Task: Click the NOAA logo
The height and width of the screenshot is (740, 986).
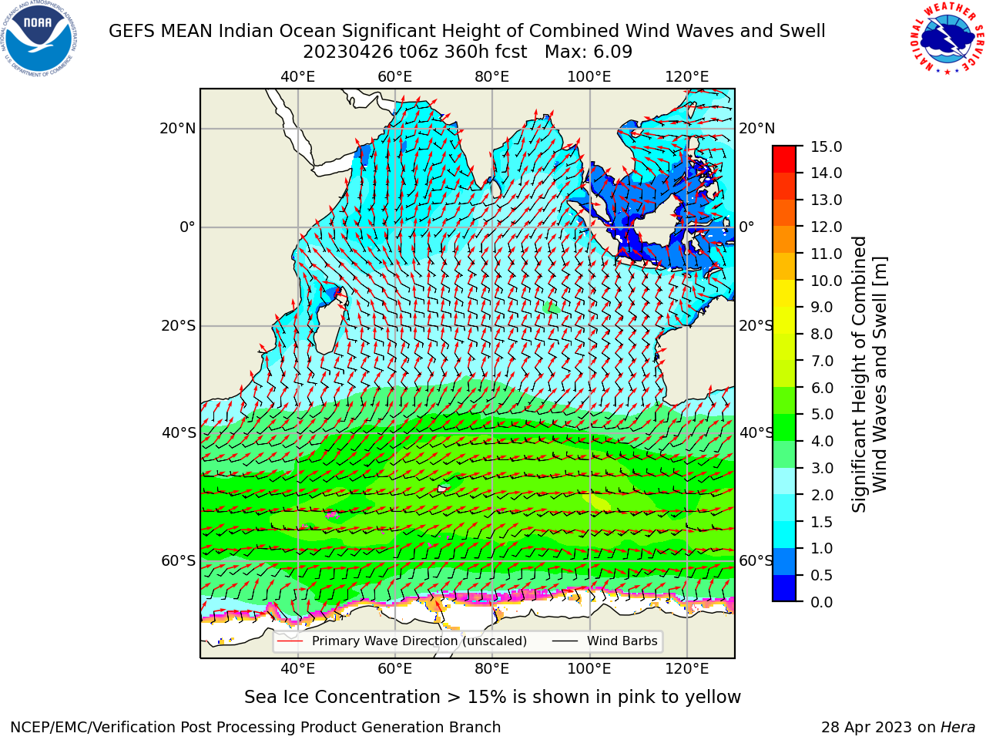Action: pyautogui.click(x=39, y=39)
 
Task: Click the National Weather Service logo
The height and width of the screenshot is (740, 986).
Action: pyautogui.click(x=947, y=39)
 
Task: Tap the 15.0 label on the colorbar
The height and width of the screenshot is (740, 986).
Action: pyautogui.click(x=826, y=147)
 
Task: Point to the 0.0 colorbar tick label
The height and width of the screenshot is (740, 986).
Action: pyautogui.click(x=822, y=602)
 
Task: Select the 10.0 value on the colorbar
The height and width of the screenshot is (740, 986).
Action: pyautogui.click(x=826, y=281)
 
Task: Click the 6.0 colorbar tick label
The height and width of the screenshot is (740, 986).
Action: pyautogui.click(x=822, y=388)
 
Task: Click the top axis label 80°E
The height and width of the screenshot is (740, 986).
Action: pyautogui.click(x=492, y=77)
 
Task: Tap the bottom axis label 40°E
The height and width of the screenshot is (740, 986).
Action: pyautogui.click(x=297, y=668)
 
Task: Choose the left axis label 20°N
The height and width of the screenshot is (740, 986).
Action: pyautogui.click(x=178, y=129)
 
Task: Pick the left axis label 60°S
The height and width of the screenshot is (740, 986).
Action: pyautogui.click(x=179, y=560)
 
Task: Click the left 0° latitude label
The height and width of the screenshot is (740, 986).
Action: pyautogui.click(x=187, y=227)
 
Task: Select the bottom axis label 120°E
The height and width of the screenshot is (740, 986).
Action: pyautogui.click(x=687, y=668)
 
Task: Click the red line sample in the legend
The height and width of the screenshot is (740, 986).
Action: pyautogui.click(x=290, y=641)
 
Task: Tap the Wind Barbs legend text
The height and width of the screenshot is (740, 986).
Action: pyautogui.click(x=622, y=641)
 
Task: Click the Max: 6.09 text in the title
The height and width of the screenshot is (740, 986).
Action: pyautogui.click(x=589, y=52)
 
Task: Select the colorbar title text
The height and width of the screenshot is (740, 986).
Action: pyautogui.click(x=869, y=375)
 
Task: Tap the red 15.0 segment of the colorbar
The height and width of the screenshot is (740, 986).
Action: pyautogui.click(x=784, y=153)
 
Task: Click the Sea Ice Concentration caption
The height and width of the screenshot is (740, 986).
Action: pyautogui.click(x=492, y=698)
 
